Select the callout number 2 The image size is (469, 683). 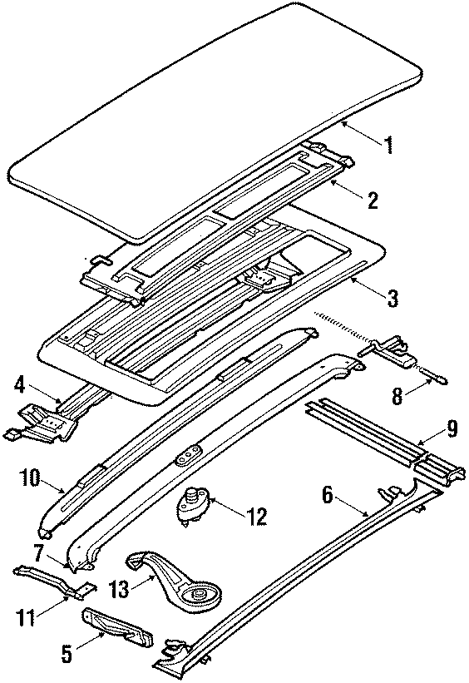point(372,200)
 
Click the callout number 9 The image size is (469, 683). point(450,429)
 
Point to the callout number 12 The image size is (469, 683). point(256,517)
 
